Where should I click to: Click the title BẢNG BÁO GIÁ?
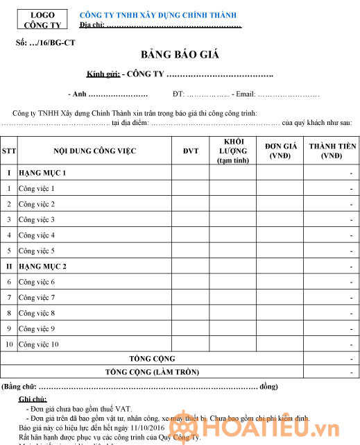point(179,54)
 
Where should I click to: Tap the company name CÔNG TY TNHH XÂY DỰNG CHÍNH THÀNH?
point(158,15)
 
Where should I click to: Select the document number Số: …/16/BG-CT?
point(46,43)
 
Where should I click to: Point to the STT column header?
point(9,151)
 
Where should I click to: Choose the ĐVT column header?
point(190,151)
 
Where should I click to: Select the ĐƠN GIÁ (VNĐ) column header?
point(281,151)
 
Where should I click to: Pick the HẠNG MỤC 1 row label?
point(42,173)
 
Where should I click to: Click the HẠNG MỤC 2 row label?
point(42,267)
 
